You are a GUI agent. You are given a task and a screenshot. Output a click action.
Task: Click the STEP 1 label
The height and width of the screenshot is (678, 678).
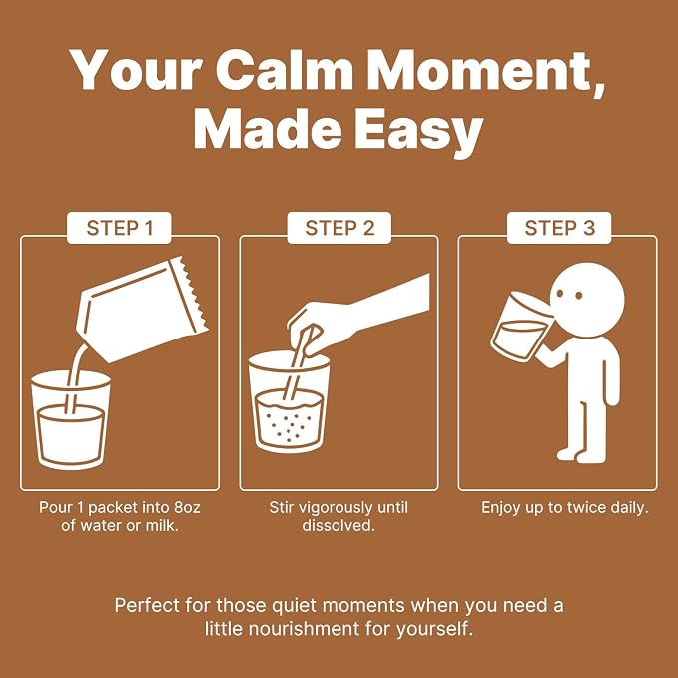pyautogui.click(x=120, y=228)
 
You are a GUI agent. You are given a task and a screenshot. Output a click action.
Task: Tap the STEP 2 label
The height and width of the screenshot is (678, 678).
pyautogui.click(x=339, y=228)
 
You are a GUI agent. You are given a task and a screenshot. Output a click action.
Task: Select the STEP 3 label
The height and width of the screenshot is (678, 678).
pyautogui.click(x=559, y=228)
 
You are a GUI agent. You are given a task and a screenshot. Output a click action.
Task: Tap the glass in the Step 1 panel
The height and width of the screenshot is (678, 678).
pyautogui.click(x=71, y=420)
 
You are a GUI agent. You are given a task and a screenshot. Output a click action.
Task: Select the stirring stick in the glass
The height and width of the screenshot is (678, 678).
pyautogui.click(x=299, y=364)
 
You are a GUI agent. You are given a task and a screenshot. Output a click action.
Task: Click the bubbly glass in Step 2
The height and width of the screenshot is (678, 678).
pyautogui.click(x=289, y=402)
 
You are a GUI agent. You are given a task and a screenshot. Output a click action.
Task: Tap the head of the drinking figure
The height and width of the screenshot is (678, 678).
pyautogui.click(x=587, y=300)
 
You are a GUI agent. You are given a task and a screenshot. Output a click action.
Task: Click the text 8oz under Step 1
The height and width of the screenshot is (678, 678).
pyautogui.click(x=187, y=507)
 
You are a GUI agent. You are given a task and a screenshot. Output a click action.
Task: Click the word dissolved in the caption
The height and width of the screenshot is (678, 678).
pyautogui.click(x=339, y=526)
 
